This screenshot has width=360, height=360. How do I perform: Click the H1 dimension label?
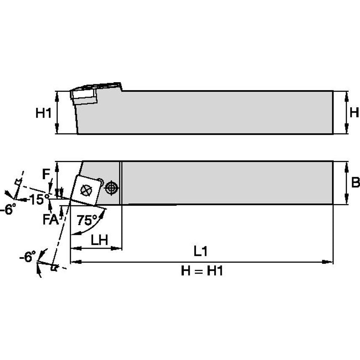click(x=43, y=113)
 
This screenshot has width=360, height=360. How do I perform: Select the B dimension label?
click(x=355, y=183)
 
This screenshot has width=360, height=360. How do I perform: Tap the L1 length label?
click(x=201, y=251)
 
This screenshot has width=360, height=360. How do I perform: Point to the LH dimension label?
click(x=99, y=240)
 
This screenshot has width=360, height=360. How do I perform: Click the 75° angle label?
click(x=87, y=220)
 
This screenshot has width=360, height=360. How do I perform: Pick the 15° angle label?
click(x=40, y=199)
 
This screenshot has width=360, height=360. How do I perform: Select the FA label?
click(x=51, y=219)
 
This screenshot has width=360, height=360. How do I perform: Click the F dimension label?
click(x=46, y=174)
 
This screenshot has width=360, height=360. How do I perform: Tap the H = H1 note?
click(x=202, y=271)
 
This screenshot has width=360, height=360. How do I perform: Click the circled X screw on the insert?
click(x=86, y=191)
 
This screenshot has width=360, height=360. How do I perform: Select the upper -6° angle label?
click(x=8, y=209)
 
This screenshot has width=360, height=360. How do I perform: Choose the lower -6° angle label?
click(x=27, y=256)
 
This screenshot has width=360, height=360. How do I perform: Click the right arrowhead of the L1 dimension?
click(x=328, y=262)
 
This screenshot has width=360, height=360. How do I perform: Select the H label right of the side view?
click(x=354, y=113)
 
